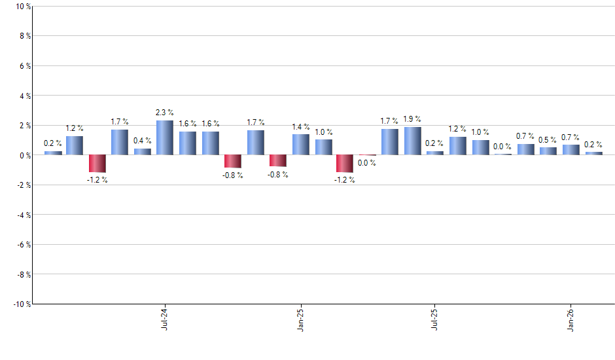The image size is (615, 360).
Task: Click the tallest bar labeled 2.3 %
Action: coord(165,138)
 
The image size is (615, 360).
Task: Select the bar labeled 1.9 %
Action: coord(412,141)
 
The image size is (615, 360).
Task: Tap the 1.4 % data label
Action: coord(301,126)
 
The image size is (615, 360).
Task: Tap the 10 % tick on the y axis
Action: coord(22,7)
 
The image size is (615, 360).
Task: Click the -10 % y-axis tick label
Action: coord(21,304)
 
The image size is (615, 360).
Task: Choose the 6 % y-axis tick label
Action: coord(24,66)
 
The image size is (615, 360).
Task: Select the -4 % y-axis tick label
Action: coord(22,215)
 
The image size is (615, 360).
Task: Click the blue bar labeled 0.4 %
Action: coord(143,152)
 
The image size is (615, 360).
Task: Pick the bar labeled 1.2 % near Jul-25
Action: coord(457,146)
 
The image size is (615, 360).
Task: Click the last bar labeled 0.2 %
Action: coord(593,154)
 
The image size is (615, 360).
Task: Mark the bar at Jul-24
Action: coord(165,138)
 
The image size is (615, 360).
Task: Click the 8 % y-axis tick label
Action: coord(24,36)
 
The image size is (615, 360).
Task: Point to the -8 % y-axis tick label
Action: coord(22,274)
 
